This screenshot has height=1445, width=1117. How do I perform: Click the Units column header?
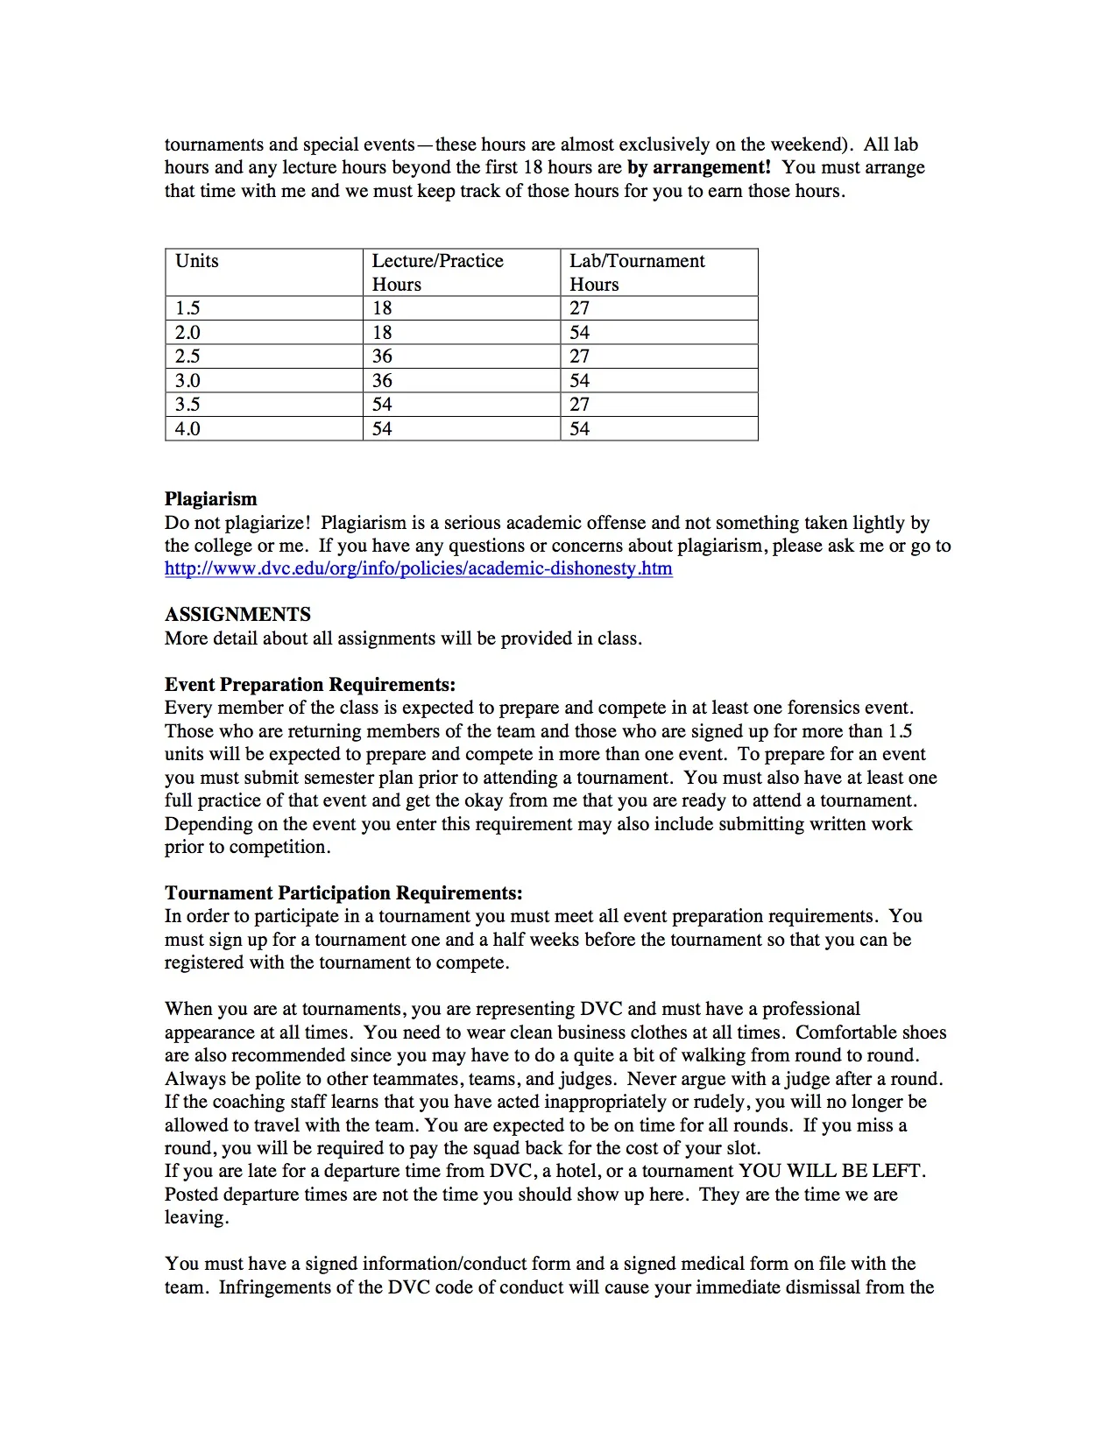[197, 261]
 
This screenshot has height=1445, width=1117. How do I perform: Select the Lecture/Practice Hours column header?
[437, 272]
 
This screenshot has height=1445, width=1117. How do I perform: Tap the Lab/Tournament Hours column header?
[637, 272]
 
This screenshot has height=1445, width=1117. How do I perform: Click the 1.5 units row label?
[187, 308]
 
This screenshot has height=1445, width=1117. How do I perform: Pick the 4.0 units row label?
[187, 429]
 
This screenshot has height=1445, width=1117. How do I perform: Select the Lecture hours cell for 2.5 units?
[382, 356]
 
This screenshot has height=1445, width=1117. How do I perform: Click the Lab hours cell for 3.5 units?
[580, 405]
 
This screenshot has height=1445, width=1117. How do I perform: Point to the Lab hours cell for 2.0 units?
[580, 333]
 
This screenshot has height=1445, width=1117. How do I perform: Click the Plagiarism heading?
[211, 499]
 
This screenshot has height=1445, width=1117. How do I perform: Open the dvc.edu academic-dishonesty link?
[419, 568]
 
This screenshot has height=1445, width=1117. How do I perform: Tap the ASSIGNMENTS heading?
[237, 615]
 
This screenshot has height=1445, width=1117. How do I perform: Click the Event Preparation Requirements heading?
[310, 685]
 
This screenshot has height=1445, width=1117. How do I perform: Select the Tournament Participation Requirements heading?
[343, 893]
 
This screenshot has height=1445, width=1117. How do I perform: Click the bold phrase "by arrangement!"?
[699, 167]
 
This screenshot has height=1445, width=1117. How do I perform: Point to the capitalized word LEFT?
[897, 1171]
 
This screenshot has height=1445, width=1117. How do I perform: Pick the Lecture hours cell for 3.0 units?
[382, 381]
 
